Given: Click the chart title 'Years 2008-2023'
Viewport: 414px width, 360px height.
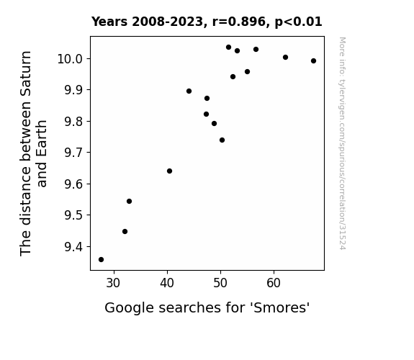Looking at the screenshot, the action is (x=148, y=22).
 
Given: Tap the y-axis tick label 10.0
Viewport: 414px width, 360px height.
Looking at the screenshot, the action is (x=71, y=58).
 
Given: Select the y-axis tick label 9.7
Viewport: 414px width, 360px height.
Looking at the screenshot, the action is (x=73, y=153).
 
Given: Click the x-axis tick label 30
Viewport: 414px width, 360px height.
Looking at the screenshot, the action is (x=113, y=283).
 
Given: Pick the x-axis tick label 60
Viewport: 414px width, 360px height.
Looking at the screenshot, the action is (x=274, y=283).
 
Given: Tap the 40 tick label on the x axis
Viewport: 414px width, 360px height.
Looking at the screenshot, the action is (x=167, y=283).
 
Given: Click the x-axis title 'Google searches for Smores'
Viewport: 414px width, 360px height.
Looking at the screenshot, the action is (x=207, y=307).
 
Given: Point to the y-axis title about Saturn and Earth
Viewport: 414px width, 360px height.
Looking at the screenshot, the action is (x=33, y=153).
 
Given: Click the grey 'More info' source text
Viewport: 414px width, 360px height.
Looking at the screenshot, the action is (x=342, y=143).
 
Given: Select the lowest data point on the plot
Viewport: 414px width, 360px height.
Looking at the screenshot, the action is (x=101, y=260).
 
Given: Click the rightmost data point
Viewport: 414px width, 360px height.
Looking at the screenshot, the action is (x=313, y=61).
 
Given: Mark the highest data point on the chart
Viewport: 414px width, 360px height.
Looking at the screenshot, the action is (x=229, y=48).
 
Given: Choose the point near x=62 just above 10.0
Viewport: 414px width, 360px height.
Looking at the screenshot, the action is (x=285, y=58).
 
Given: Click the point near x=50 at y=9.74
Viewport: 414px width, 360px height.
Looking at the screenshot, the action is (x=222, y=140).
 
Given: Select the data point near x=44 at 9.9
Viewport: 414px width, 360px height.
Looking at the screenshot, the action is (x=189, y=91).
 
